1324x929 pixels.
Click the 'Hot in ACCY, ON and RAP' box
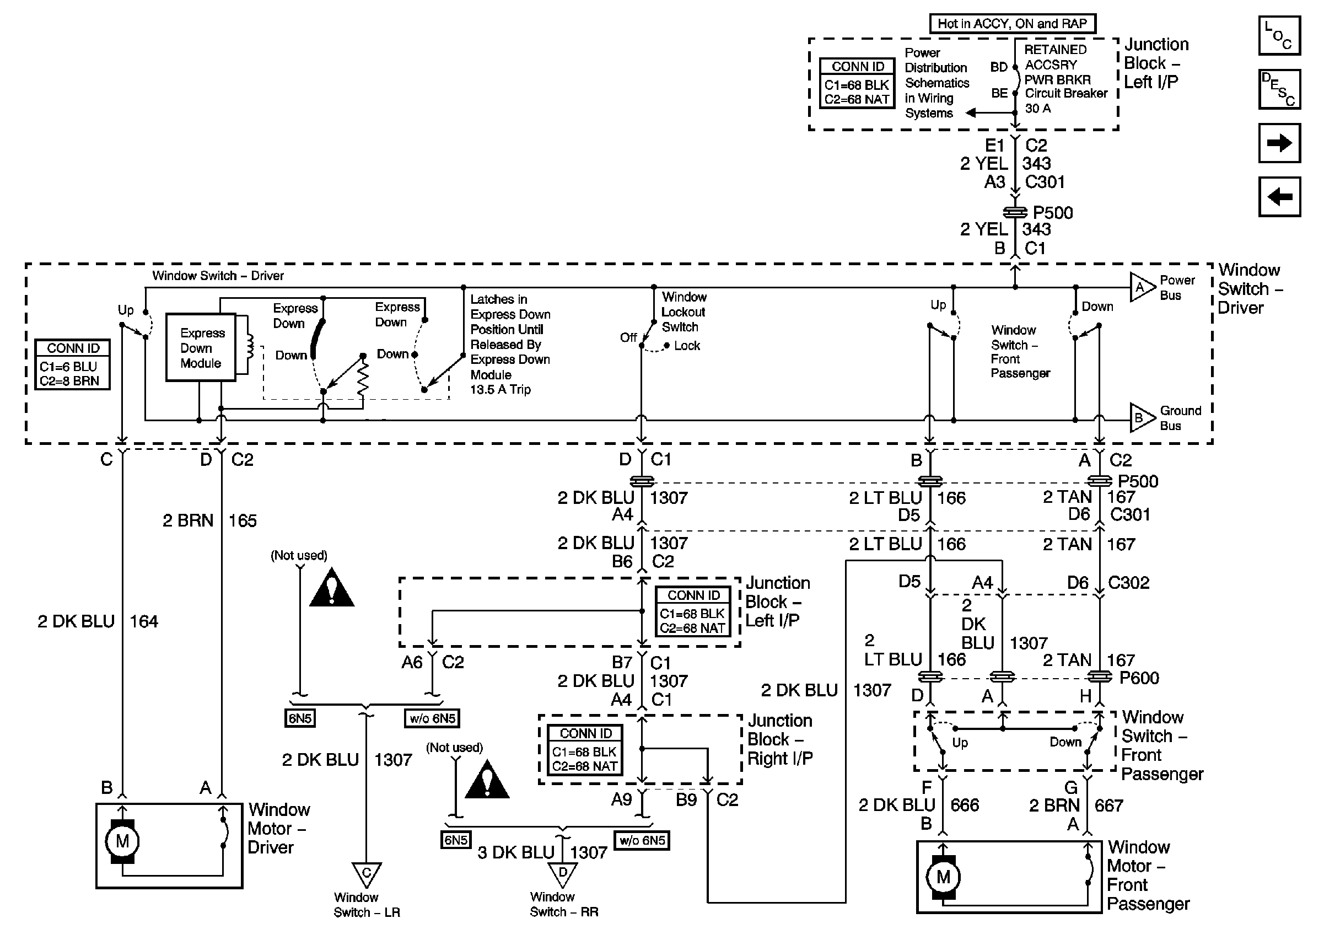[1012, 24]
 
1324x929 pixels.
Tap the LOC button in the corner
[1279, 36]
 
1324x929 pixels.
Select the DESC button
[1279, 89]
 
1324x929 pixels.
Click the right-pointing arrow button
[1279, 143]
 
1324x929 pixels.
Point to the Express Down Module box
[201, 347]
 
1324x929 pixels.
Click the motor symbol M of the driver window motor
[122, 841]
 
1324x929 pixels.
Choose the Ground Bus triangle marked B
[1140, 418]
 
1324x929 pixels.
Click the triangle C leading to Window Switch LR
[366, 873]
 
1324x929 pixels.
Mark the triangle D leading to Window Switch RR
[563, 873]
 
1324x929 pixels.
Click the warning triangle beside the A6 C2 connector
[332, 589]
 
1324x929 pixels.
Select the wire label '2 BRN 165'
[209, 520]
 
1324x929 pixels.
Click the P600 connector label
[1139, 678]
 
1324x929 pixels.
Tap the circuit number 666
[964, 805]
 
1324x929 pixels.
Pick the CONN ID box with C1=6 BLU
[73, 364]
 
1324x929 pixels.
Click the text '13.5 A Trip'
[500, 390]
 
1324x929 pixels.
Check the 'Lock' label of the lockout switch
[687, 346]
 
